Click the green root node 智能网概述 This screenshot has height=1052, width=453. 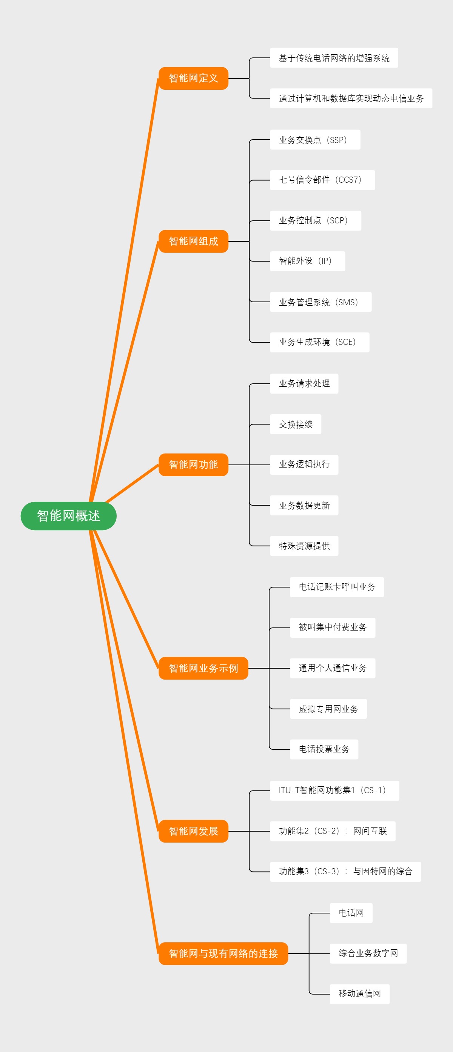point(69,516)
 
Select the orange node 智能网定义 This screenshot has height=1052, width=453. point(193,78)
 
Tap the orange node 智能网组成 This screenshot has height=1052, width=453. point(193,241)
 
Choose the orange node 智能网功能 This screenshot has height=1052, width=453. point(193,465)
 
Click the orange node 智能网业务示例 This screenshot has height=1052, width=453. point(203,668)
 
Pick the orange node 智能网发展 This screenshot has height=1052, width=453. point(193,831)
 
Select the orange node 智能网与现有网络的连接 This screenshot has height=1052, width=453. point(223,953)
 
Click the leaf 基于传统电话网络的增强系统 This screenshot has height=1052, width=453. point(334,58)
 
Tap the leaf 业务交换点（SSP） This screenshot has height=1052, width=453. point(315,140)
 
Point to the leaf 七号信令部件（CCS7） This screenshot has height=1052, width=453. point(322,180)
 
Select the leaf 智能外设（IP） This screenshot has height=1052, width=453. point(307,261)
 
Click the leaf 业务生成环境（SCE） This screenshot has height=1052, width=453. point(319,342)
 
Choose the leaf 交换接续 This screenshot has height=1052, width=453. point(295,424)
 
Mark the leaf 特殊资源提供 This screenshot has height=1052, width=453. point(304,546)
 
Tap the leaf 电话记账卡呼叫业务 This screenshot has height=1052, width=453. point(337,587)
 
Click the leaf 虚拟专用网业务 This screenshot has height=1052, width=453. point(328,709)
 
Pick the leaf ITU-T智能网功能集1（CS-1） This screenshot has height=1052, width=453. point(334,790)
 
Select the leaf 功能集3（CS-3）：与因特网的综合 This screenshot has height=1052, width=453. point(345,872)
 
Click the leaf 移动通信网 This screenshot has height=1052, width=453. point(359,994)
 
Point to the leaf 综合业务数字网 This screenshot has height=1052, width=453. point(368,953)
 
